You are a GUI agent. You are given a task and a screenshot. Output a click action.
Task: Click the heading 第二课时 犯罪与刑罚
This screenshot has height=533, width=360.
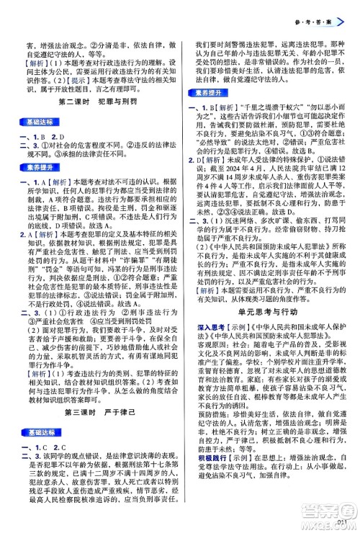(x=91, y=103)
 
